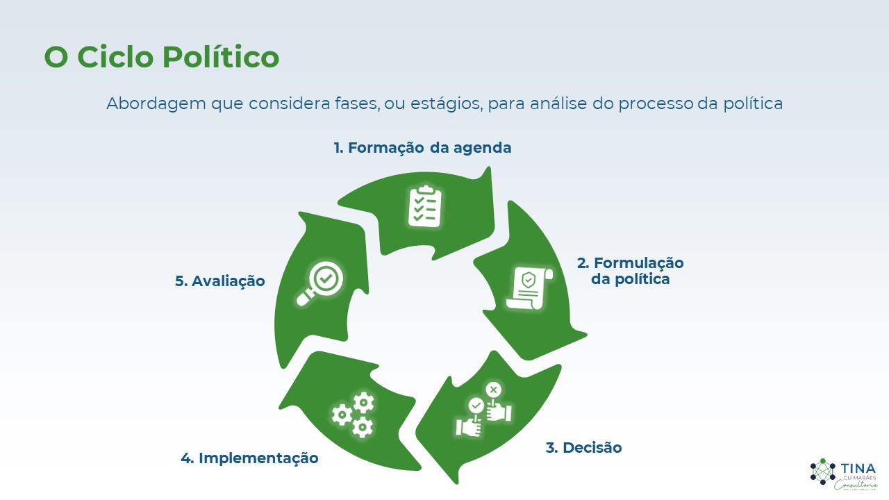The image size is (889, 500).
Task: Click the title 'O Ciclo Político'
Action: click(x=161, y=57)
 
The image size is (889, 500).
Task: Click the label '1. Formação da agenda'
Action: click(x=422, y=148)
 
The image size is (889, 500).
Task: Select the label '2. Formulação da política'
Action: click(x=630, y=271)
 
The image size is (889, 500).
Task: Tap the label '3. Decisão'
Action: click(x=583, y=448)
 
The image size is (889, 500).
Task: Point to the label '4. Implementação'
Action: click(x=249, y=458)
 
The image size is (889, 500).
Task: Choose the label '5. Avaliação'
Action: click(x=219, y=281)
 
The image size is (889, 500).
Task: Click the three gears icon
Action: click(x=354, y=414)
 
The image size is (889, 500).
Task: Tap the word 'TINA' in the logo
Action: click(x=858, y=469)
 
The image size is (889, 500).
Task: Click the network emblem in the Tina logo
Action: click(x=823, y=472)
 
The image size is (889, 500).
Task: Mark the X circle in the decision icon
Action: click(x=493, y=390)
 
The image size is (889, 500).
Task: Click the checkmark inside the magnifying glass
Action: click(x=325, y=278)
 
